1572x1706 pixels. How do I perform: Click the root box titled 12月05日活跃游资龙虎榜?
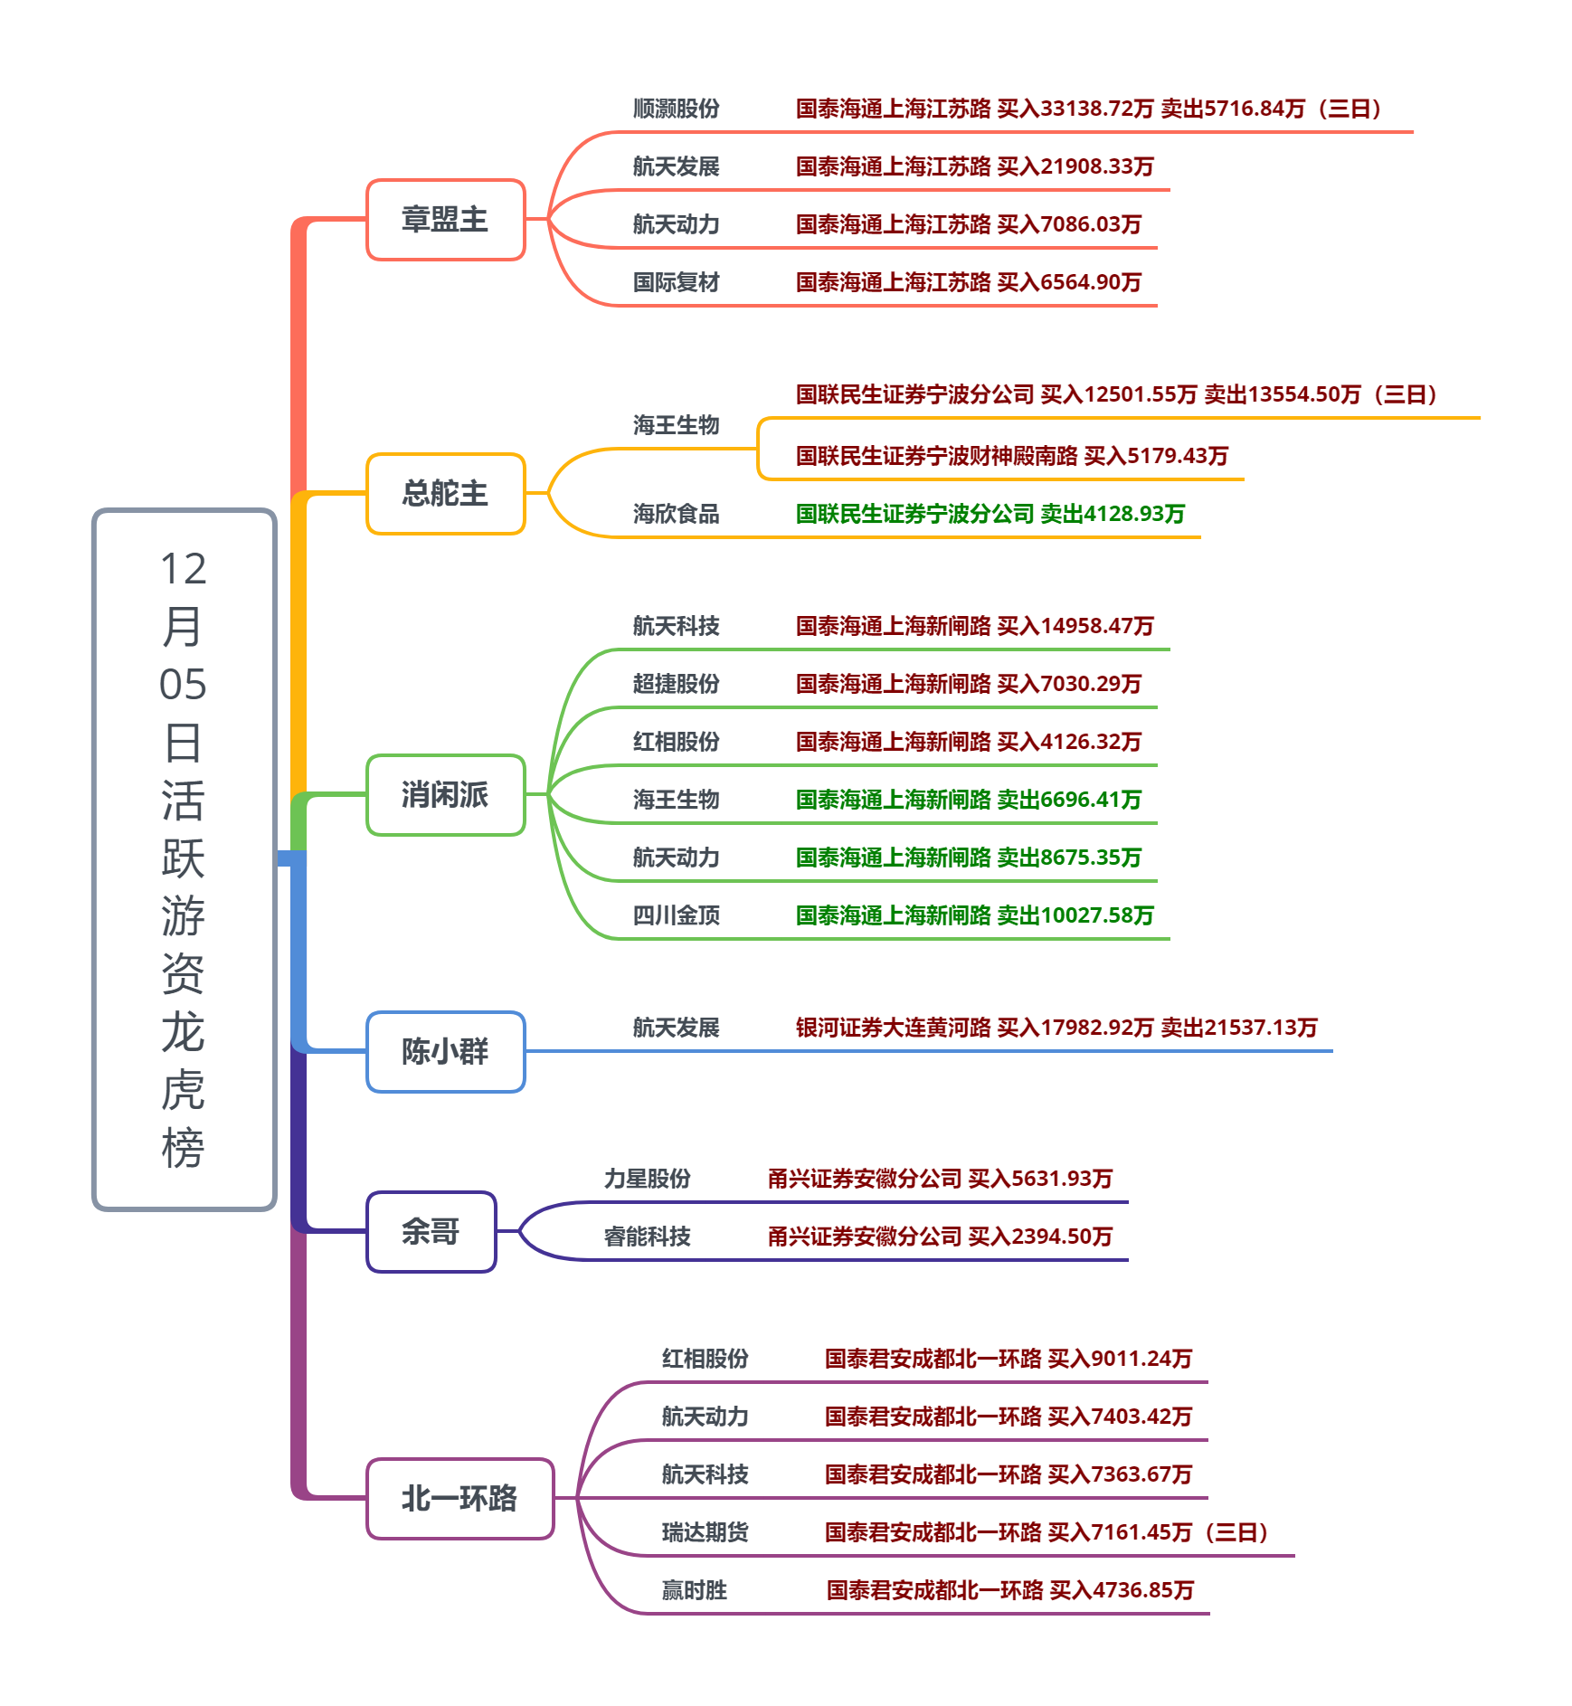tap(185, 858)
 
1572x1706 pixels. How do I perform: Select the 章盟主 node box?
tap(445, 220)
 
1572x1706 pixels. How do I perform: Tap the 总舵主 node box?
tap(445, 494)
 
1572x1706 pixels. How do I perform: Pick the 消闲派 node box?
tap(445, 795)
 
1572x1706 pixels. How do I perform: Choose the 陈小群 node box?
tap(445, 1051)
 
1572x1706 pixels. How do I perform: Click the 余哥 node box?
tap(431, 1231)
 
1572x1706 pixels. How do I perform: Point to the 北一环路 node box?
tap(459, 1498)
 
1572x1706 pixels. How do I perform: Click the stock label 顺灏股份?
tap(676, 109)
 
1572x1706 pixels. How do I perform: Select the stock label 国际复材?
tap(676, 282)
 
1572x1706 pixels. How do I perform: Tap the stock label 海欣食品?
tap(676, 514)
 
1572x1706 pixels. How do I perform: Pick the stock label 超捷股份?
tap(676, 684)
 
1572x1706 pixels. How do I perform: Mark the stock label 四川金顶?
tap(676, 915)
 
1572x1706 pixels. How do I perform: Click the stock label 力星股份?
tap(647, 1179)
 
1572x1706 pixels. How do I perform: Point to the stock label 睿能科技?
tap(647, 1237)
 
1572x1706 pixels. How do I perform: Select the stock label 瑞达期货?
tap(705, 1532)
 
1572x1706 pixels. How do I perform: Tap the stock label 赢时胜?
tap(694, 1590)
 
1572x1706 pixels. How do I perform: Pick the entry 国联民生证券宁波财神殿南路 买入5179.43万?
tap(1011, 456)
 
